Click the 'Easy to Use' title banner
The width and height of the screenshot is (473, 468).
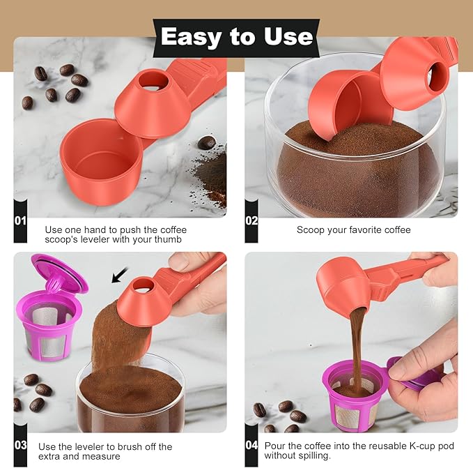coord(236,36)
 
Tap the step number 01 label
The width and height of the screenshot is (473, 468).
coord(20,220)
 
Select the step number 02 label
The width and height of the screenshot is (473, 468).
coord(251,220)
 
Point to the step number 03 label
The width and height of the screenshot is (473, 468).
coord(20,444)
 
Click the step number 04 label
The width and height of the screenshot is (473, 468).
coord(251,444)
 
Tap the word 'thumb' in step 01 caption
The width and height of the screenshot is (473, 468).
coord(168,240)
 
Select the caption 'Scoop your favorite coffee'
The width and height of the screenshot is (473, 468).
coord(353,229)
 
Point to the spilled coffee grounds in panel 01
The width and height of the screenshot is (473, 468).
coord(211,174)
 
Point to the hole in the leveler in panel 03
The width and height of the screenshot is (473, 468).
coord(142,285)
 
